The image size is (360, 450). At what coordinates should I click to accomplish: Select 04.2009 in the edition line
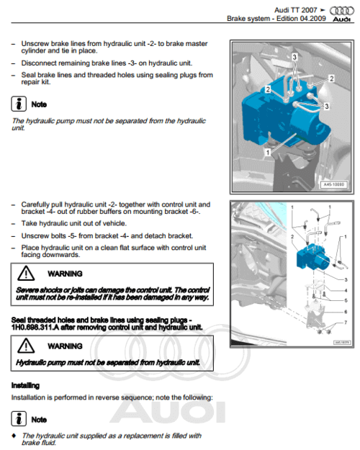click(x=312, y=17)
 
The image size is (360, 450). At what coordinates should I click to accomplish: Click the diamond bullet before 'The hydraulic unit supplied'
click(x=14, y=436)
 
